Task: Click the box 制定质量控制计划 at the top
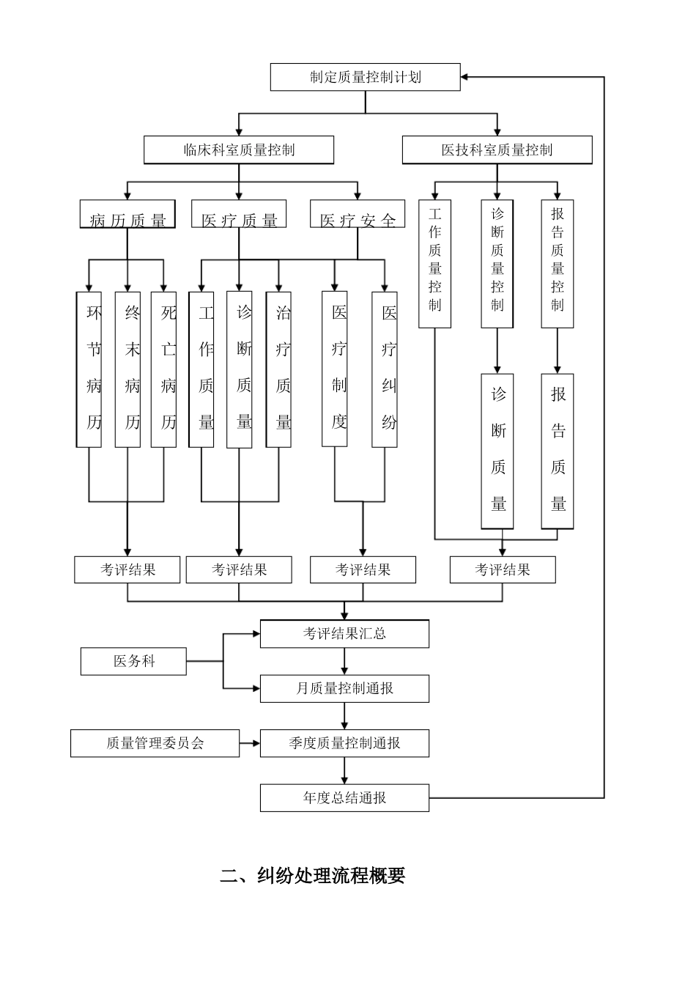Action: click(365, 77)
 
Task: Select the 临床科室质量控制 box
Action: click(239, 150)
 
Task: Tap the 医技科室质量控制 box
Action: click(497, 150)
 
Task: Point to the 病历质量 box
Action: click(127, 215)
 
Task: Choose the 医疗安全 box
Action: click(358, 215)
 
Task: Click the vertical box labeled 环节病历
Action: click(89, 369)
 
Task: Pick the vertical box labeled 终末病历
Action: click(128, 369)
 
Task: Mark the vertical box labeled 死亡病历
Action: click(164, 369)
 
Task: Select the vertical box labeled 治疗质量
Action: click(278, 369)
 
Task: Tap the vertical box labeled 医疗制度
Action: click(335, 369)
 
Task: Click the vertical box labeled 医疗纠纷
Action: click(385, 369)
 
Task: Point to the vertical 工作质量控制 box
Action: click(435, 264)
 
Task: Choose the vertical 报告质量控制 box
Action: click(558, 264)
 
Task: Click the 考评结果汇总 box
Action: click(344, 634)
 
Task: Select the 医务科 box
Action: click(133, 661)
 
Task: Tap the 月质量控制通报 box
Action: click(344, 689)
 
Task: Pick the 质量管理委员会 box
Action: click(155, 743)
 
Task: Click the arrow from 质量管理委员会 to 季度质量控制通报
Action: click(250, 743)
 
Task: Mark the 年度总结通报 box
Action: click(344, 798)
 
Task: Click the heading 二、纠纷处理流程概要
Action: click(313, 876)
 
